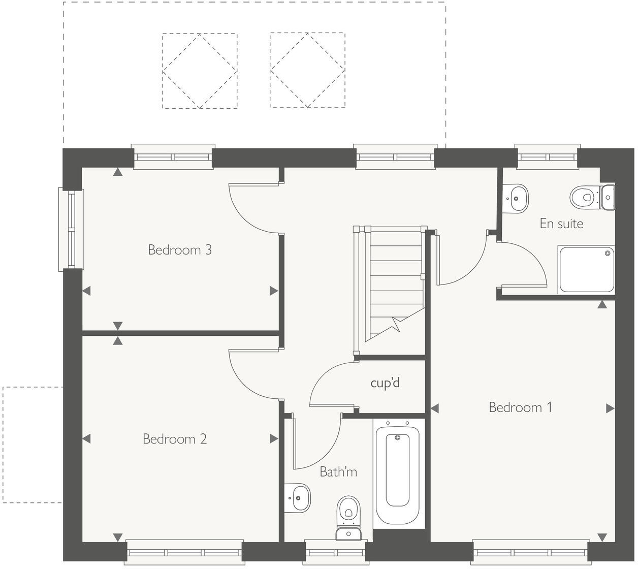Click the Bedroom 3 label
pos(179,250)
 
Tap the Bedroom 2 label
pos(174,439)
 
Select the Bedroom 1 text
pos(520,407)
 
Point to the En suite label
pos(561,224)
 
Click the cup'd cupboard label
pos(385,383)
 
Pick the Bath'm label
pos(338,472)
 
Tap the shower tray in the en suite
pos(586,269)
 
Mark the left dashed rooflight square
pos(200,71)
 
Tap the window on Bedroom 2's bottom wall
pos(184,553)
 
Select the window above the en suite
pos(547,156)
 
